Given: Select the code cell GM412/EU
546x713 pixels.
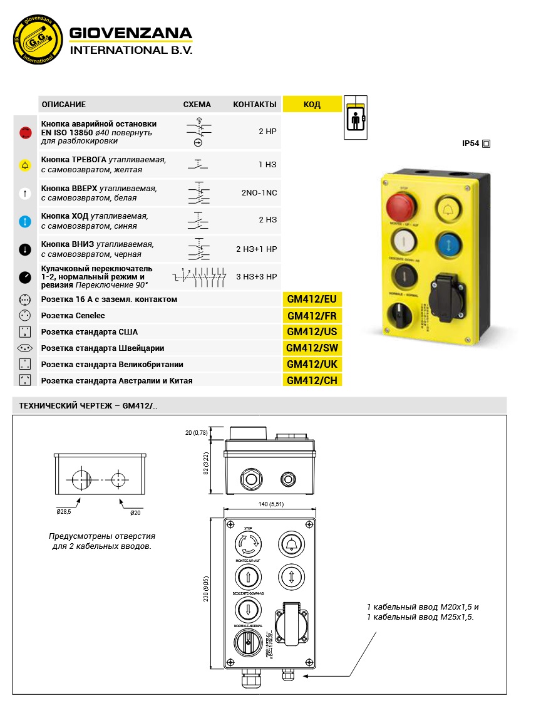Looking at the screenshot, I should (x=312, y=299).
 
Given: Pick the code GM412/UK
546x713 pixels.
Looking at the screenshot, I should (x=312, y=365).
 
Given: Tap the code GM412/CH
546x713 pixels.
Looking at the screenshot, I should (x=312, y=380).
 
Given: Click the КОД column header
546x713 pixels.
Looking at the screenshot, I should (x=312, y=105).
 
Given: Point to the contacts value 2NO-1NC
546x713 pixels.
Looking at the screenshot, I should (x=259, y=193).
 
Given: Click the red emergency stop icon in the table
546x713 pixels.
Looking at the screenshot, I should (x=25, y=132).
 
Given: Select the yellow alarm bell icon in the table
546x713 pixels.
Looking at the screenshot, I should (x=25, y=165).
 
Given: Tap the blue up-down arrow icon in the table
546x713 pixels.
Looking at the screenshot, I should (x=25, y=221).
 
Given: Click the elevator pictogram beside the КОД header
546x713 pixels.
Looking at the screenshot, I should (x=356, y=117).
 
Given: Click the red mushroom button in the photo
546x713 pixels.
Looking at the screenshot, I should (x=401, y=204).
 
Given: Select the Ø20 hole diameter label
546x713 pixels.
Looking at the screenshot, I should (x=135, y=513).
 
